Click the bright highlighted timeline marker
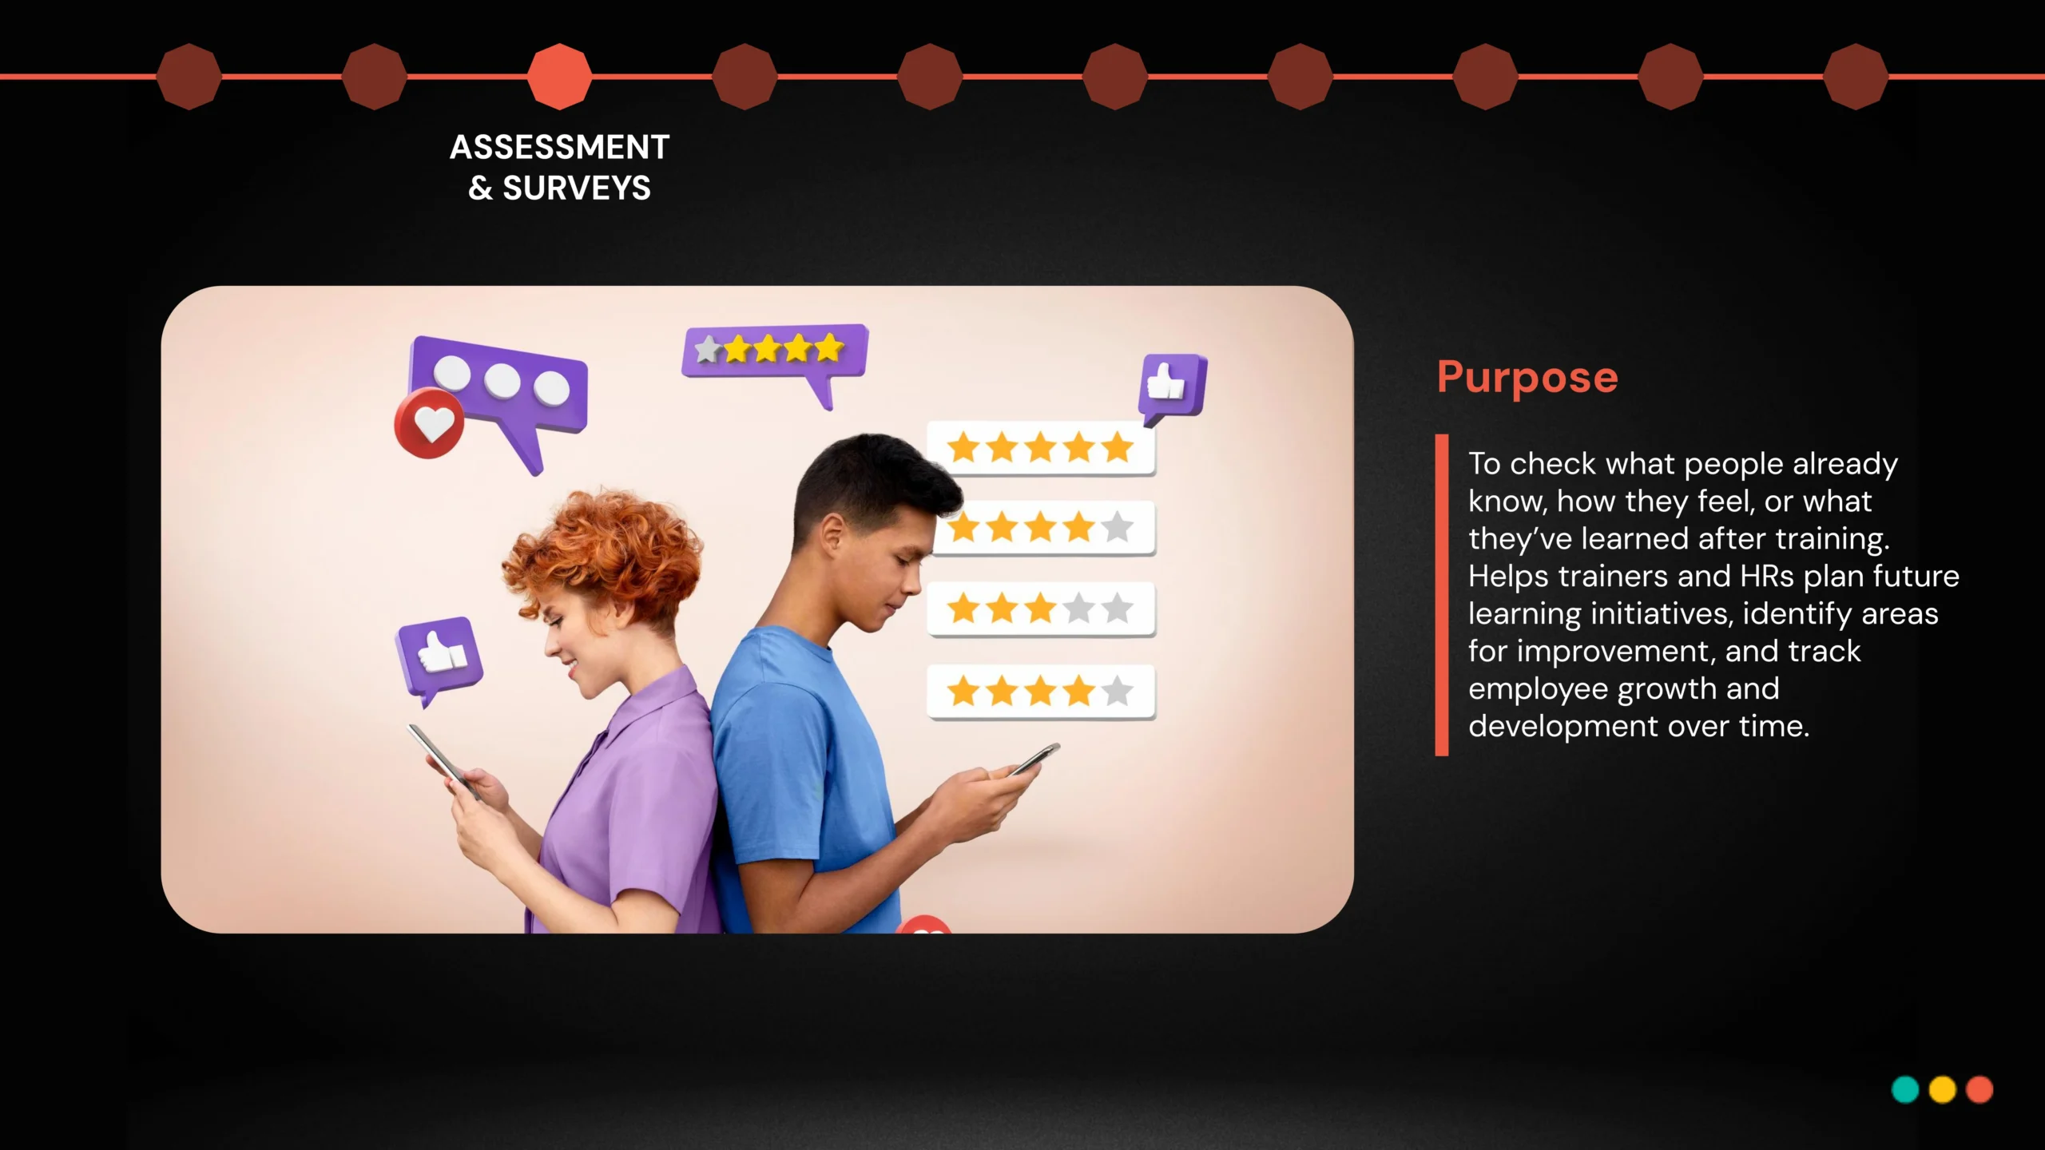point(560,77)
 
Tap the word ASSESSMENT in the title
point(560,147)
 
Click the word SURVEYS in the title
point(577,188)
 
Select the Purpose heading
point(1527,378)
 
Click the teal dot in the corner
point(1905,1089)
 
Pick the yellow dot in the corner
point(1942,1089)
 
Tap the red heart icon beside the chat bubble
point(430,423)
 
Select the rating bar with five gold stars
point(1041,448)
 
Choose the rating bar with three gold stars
point(1041,609)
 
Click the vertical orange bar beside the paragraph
point(1442,595)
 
